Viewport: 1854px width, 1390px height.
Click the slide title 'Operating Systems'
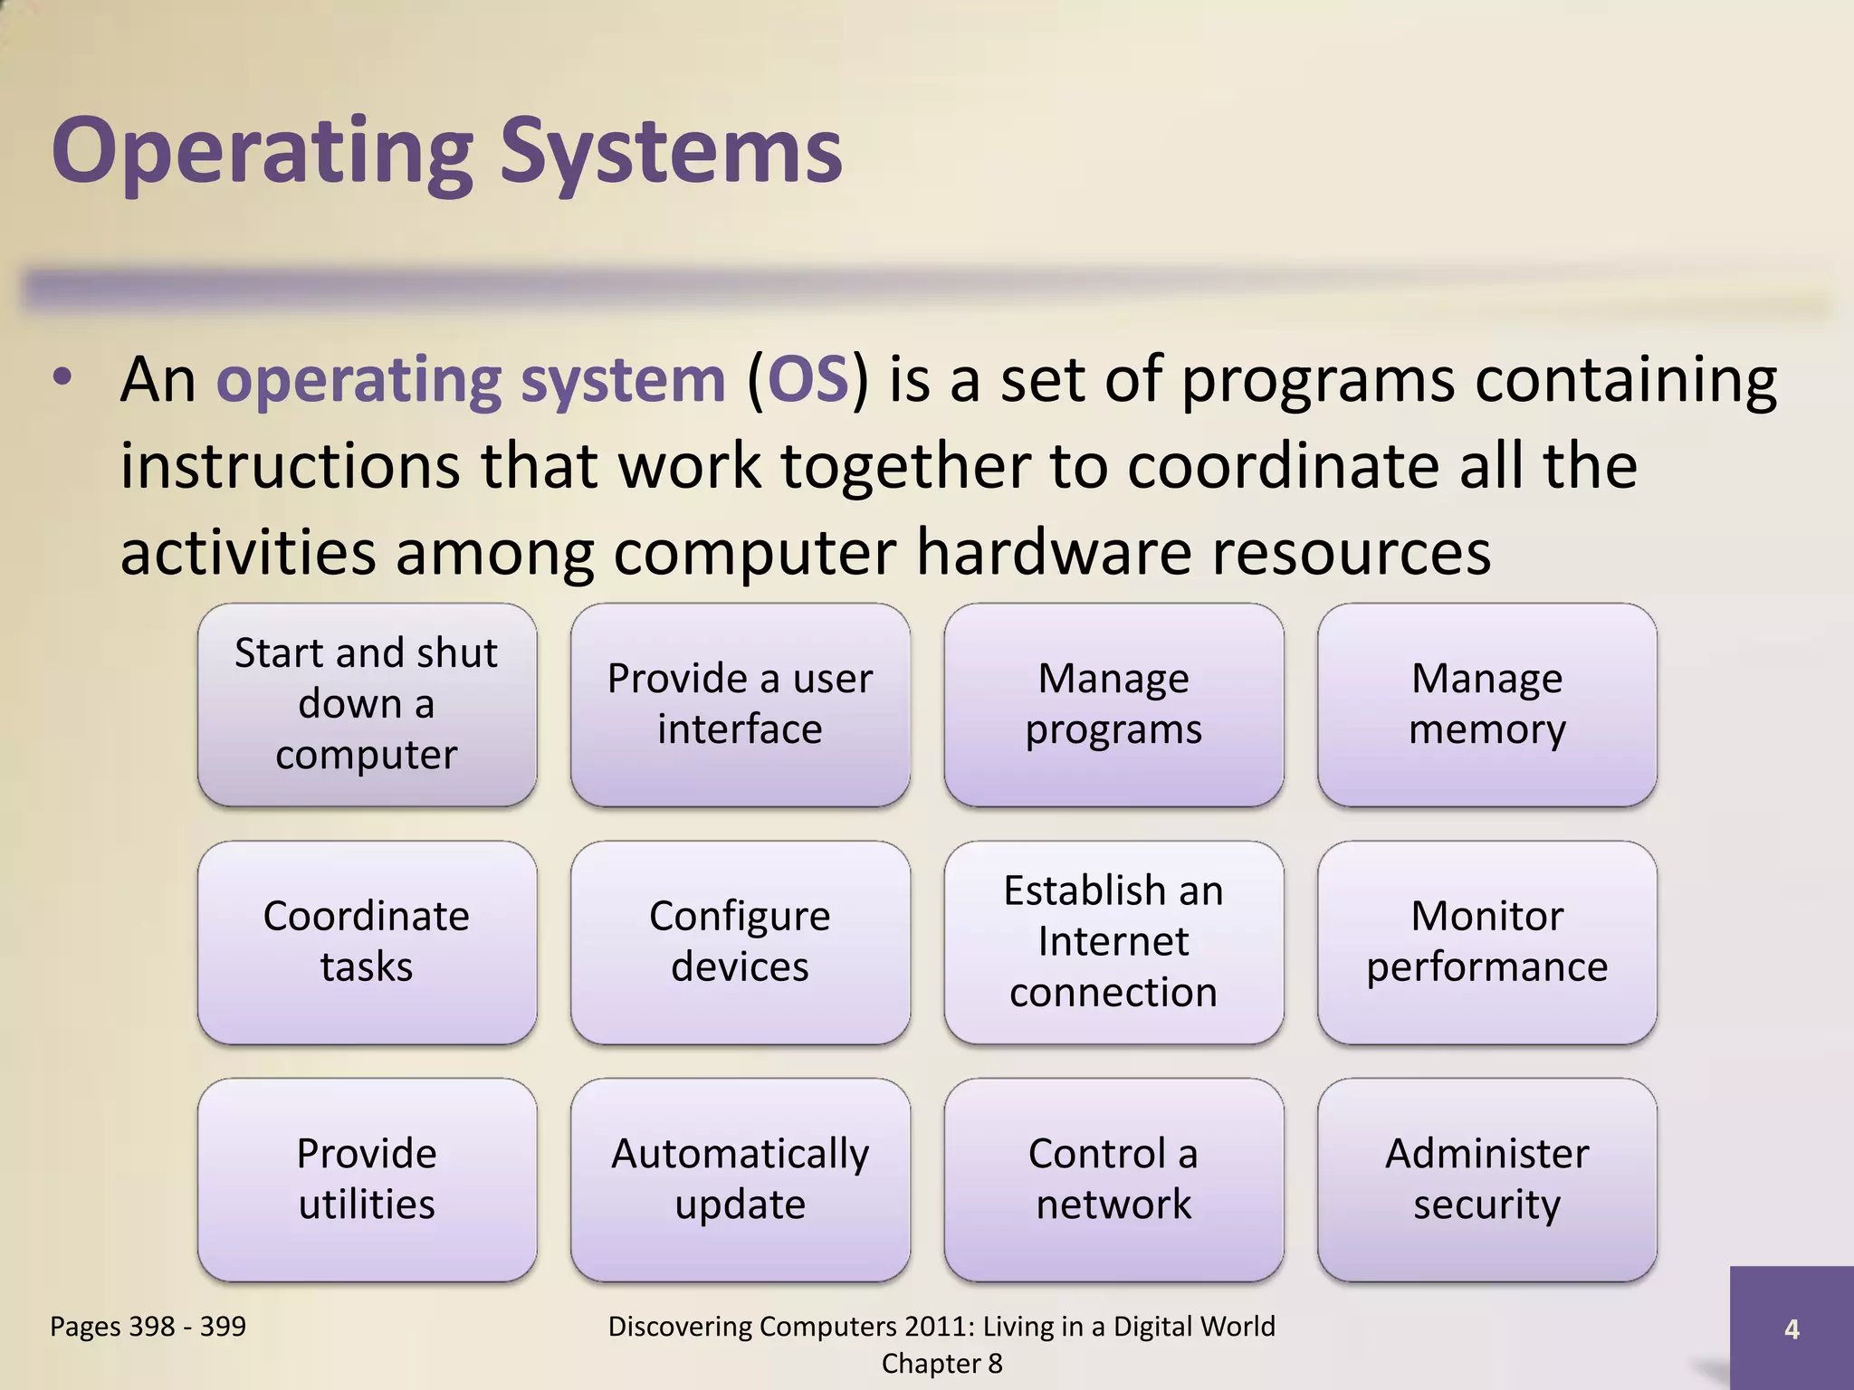447,151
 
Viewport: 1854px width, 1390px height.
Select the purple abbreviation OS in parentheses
808,380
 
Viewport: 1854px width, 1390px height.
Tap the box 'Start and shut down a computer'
367,704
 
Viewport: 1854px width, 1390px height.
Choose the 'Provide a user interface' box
740,704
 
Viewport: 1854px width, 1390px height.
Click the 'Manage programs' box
1113,704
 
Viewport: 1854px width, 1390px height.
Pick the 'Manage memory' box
1486,704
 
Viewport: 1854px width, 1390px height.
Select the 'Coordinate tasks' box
367,941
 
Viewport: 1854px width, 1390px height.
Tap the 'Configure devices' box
740,941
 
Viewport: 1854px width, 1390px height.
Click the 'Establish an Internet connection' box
1113,941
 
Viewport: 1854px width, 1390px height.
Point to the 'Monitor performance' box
1486,941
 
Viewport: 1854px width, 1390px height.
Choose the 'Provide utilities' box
367,1178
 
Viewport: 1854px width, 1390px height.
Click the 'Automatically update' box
740,1178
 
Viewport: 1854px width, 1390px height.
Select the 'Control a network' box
1113,1178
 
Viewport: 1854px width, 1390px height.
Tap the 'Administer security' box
1486,1178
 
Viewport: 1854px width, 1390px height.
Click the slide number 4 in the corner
1791,1328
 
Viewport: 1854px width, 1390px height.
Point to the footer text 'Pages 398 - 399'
148,1326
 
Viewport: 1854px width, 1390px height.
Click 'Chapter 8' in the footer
941,1364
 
